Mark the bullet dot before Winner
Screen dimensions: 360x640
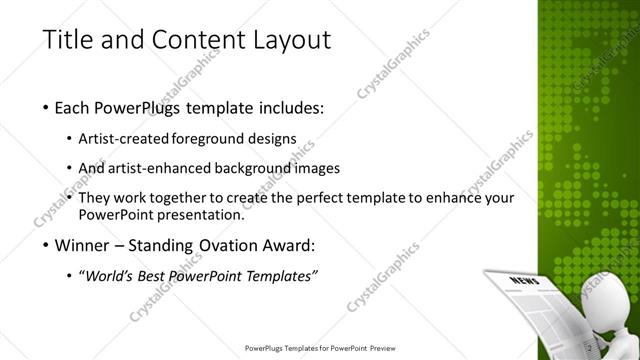coord(47,246)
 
